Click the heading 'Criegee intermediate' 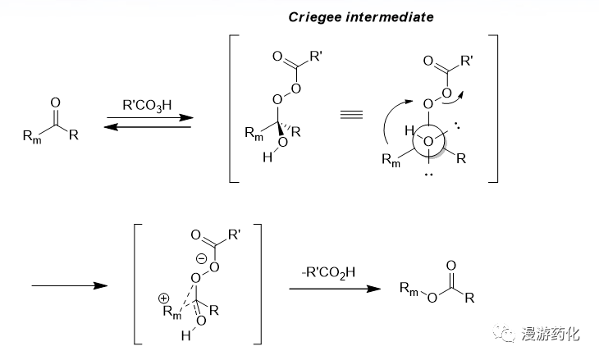point(362,17)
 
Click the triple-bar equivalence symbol point(351,114)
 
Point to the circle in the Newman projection point(427,141)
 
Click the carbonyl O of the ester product point(450,266)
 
